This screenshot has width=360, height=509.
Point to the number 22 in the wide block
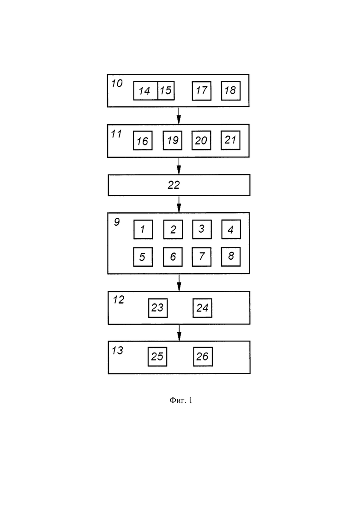pyautogui.click(x=174, y=185)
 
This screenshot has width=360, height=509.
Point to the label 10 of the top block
pyautogui.click(x=117, y=84)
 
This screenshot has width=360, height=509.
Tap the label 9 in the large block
pyautogui.click(x=117, y=222)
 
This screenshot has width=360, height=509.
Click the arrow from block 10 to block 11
pyautogui.click(x=179, y=115)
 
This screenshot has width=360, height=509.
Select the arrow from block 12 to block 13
pyautogui.click(x=179, y=333)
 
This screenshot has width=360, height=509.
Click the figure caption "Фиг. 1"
pyautogui.click(x=181, y=400)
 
